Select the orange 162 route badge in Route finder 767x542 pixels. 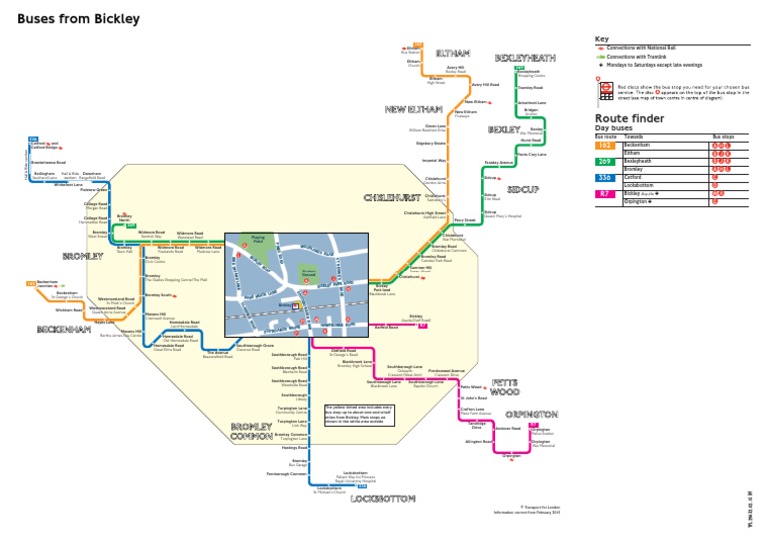click(x=604, y=144)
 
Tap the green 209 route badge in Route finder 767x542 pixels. click(x=604, y=160)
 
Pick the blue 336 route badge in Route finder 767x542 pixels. click(x=604, y=177)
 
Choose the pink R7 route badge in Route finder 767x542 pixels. click(x=604, y=193)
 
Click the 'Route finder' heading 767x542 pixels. click(x=629, y=118)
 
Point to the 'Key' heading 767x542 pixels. click(x=601, y=39)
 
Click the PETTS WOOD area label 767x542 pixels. click(x=503, y=387)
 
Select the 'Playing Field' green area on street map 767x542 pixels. click(x=258, y=240)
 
